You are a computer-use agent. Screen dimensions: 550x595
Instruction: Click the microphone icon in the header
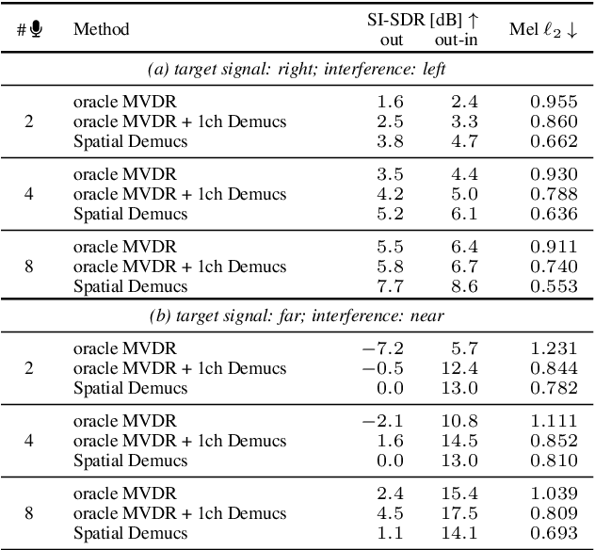(x=36, y=29)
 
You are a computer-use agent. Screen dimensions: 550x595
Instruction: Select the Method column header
(x=102, y=29)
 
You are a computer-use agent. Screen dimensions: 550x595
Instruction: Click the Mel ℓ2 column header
(x=544, y=29)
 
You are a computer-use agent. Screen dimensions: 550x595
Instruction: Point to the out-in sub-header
(x=456, y=40)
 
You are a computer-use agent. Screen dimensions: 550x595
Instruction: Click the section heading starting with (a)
(x=297, y=70)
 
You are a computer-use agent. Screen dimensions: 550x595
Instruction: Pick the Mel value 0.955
(x=553, y=101)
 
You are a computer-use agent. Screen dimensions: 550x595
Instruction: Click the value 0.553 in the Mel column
(x=553, y=286)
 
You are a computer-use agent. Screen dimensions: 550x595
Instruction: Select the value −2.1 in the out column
(x=386, y=420)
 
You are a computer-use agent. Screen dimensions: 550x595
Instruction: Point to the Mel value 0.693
(x=553, y=532)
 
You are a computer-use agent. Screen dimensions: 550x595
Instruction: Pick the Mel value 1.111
(x=553, y=420)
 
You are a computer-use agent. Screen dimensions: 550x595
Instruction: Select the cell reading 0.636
(x=553, y=214)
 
